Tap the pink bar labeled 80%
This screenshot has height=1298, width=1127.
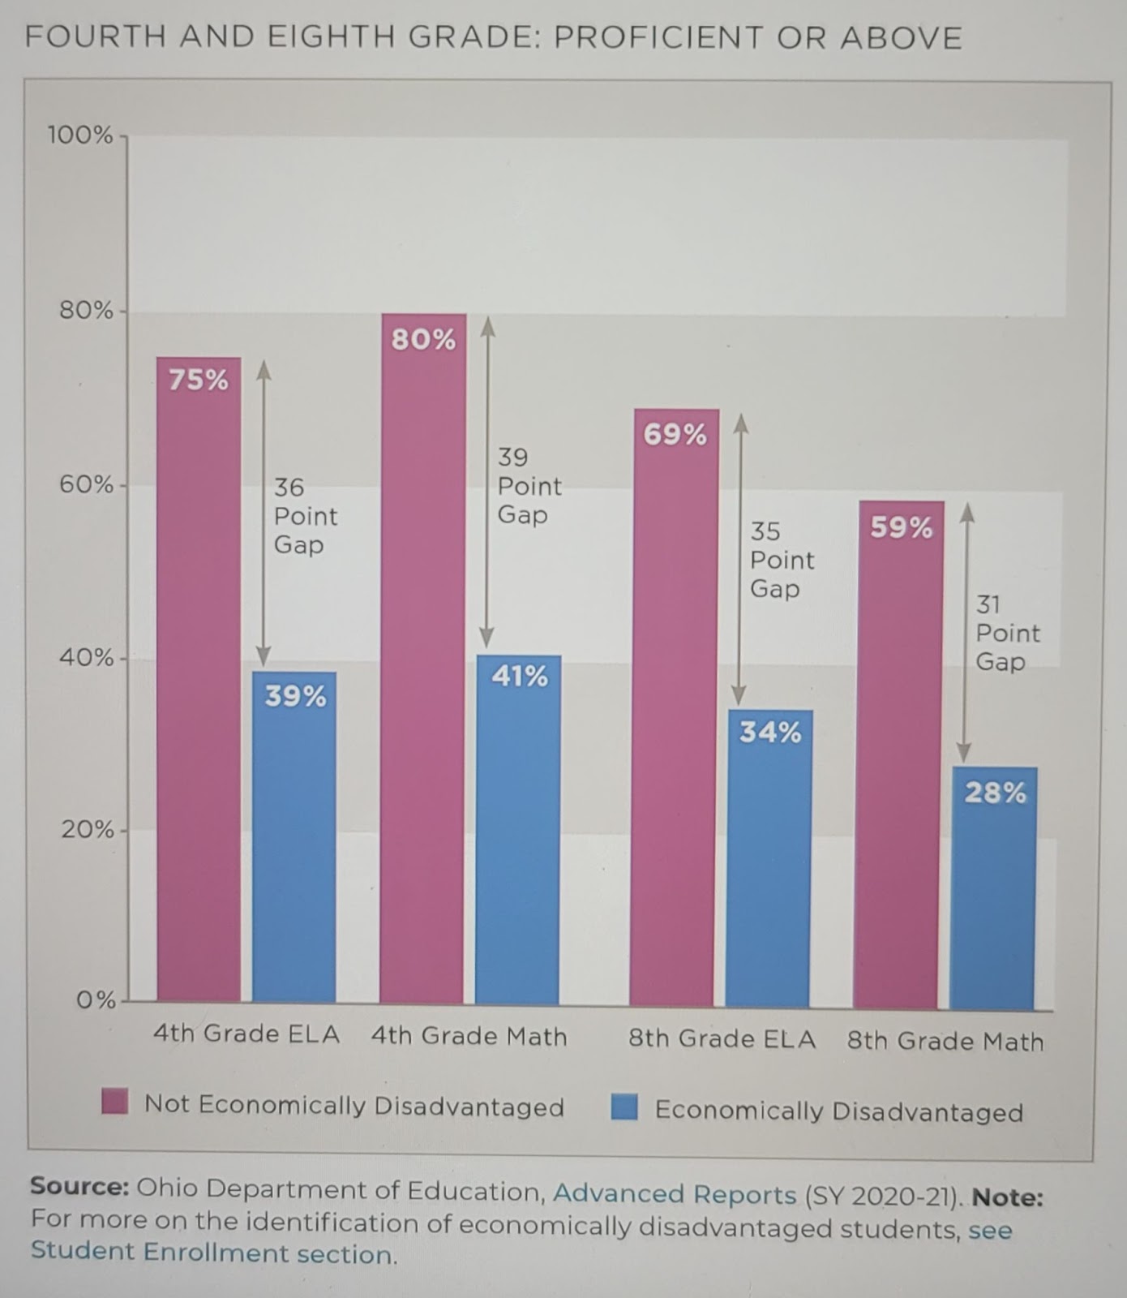click(x=422, y=658)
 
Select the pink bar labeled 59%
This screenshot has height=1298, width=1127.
click(x=900, y=754)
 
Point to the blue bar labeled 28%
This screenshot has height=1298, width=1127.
click(x=994, y=888)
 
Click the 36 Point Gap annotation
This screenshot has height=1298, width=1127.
click(x=304, y=516)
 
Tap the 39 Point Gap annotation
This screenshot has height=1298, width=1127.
click(x=529, y=486)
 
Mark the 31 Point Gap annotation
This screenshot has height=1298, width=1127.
click(x=1006, y=633)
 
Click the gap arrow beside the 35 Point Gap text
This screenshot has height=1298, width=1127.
click(x=739, y=560)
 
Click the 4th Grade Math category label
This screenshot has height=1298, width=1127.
click(x=469, y=1036)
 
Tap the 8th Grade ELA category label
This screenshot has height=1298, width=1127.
click(x=722, y=1039)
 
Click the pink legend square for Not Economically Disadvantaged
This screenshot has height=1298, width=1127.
click(x=115, y=1102)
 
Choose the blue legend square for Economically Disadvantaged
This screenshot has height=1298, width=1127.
click(x=624, y=1107)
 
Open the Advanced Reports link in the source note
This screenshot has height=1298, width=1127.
click(x=675, y=1194)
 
